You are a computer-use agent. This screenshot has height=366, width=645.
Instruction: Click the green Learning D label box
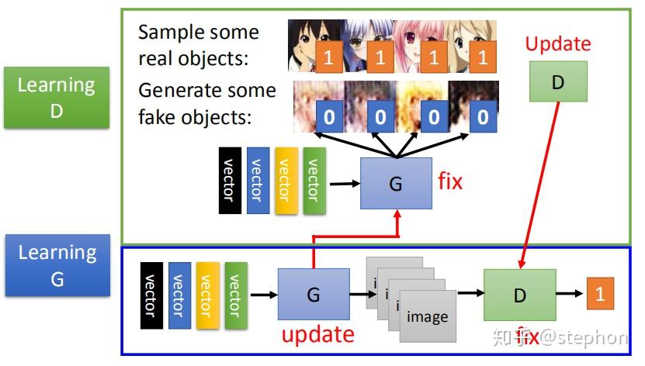(56, 98)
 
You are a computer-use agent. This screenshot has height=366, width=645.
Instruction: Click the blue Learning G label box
(57, 265)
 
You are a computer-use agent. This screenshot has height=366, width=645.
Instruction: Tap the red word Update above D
(557, 44)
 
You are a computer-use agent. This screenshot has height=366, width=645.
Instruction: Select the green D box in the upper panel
(557, 82)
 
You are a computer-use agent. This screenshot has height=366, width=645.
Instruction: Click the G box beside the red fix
(396, 183)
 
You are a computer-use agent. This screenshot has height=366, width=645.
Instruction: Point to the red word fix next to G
(450, 182)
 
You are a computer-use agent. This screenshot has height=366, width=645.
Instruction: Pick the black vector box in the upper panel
(230, 179)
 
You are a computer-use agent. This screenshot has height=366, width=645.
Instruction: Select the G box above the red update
(314, 295)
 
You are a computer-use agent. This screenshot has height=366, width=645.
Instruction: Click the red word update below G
(317, 335)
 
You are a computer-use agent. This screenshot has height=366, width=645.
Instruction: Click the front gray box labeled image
(427, 317)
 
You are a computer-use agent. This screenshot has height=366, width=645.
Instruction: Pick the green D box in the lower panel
(519, 295)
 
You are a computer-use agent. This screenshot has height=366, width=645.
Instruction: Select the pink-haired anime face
(415, 45)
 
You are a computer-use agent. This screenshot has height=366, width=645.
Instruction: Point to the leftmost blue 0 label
(330, 117)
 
